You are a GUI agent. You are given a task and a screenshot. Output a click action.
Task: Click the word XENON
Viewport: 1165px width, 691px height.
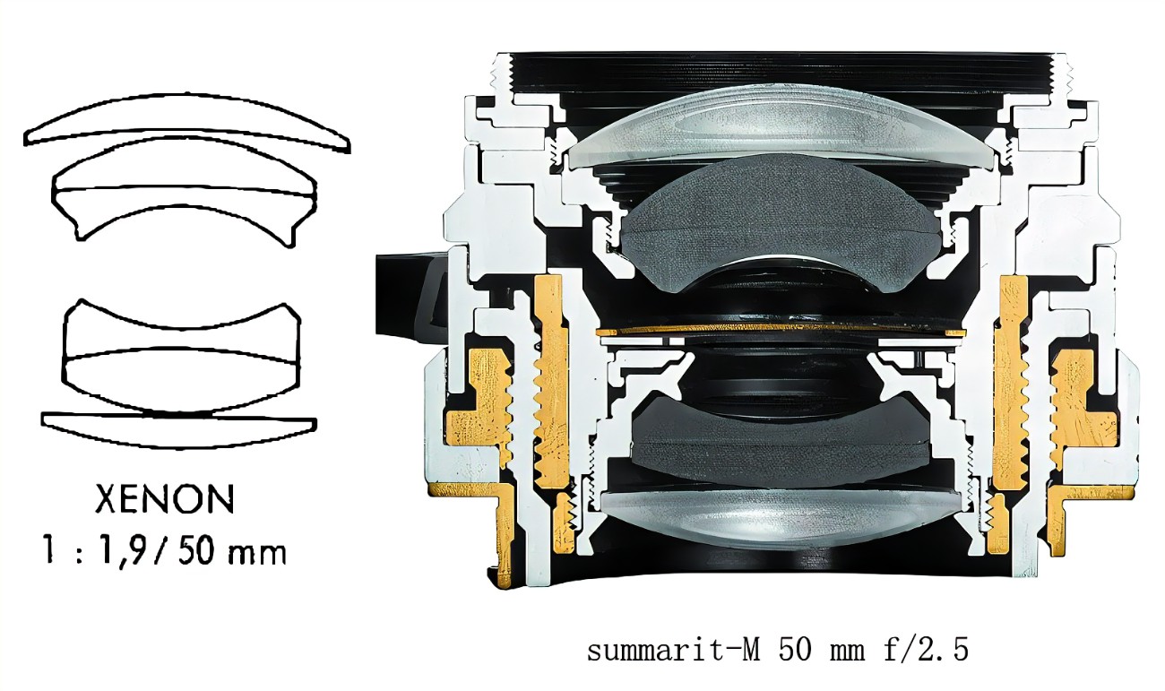(164, 499)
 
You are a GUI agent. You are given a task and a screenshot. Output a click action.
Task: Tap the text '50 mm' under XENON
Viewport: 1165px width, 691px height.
(232, 552)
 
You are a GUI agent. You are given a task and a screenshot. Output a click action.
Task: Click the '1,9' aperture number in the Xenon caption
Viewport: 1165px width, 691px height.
(122, 553)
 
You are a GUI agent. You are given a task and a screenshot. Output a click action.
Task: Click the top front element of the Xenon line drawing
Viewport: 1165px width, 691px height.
(187, 123)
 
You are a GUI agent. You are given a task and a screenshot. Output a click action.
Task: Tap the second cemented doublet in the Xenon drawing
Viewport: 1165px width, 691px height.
(186, 190)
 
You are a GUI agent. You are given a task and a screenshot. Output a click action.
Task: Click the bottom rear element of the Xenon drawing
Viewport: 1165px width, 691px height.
(179, 430)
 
